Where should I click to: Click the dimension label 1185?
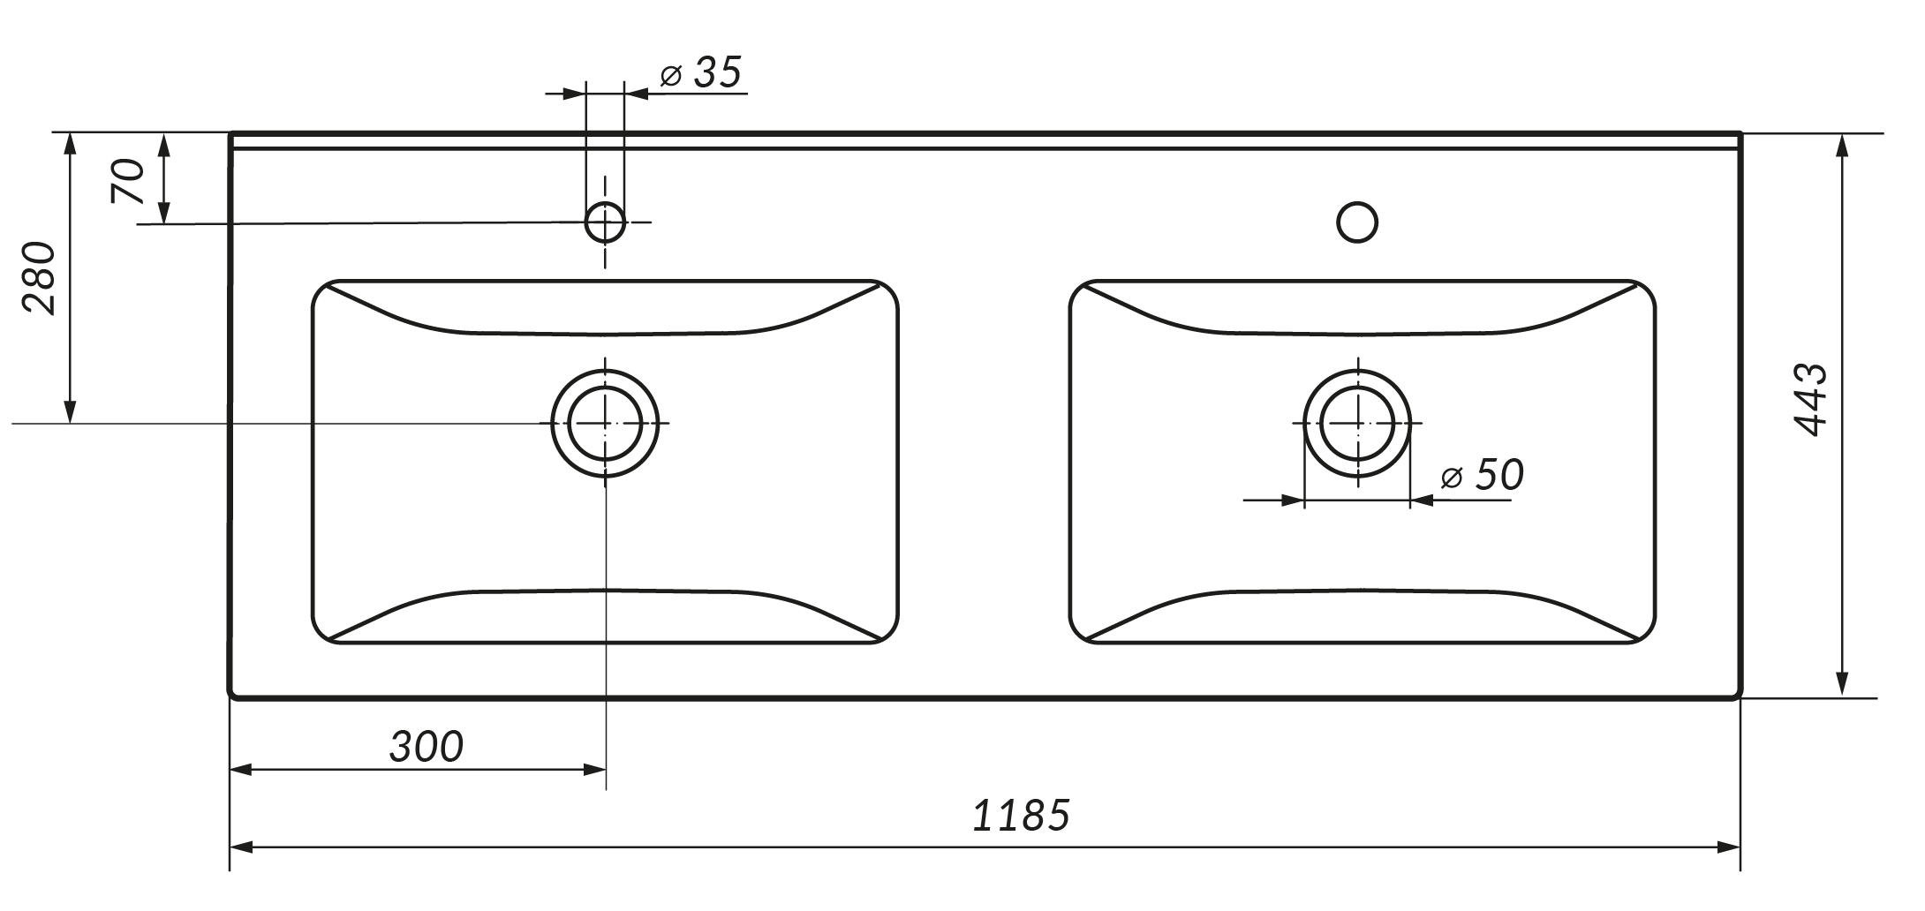[x=1021, y=816]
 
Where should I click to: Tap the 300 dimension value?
[x=426, y=747]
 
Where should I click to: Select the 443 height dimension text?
[x=1810, y=399]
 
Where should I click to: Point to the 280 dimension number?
[x=39, y=277]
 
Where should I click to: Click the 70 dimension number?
[x=127, y=181]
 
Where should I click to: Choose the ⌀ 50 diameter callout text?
[x=1482, y=475]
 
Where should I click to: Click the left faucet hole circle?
[x=605, y=203]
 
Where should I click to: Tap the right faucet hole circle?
[x=1357, y=203]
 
